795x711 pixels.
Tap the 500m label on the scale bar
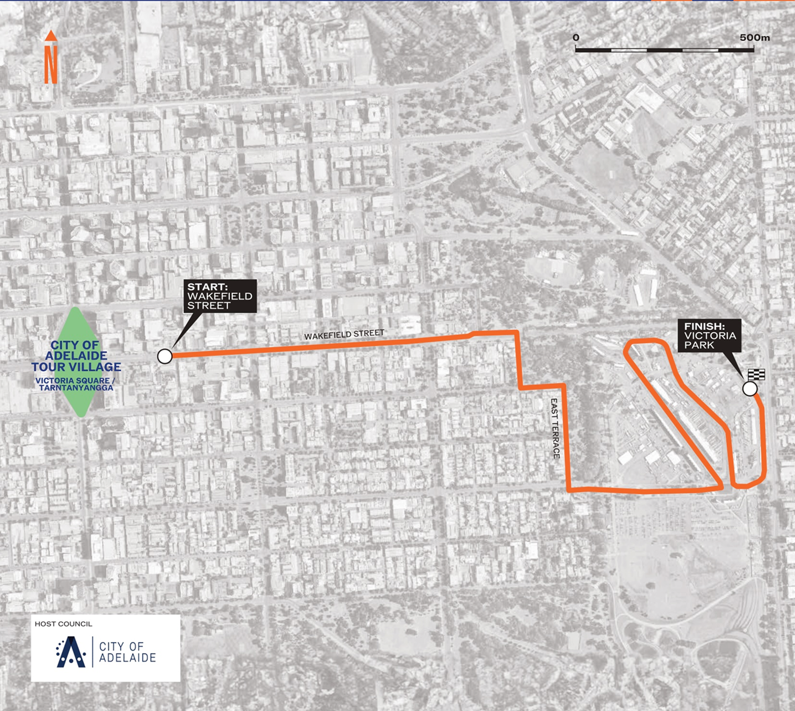pyautogui.click(x=754, y=37)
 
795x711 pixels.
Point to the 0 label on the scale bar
pyautogui.click(x=576, y=37)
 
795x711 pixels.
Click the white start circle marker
pyautogui.click(x=165, y=356)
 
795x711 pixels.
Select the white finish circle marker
pyautogui.click(x=750, y=388)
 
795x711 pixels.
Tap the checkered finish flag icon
pyautogui.click(x=756, y=374)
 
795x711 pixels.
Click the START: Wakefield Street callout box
pyautogui.click(x=220, y=296)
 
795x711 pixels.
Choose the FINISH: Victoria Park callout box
pyautogui.click(x=709, y=336)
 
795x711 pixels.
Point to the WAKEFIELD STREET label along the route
pyautogui.click(x=344, y=335)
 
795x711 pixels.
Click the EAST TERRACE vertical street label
pyautogui.click(x=556, y=428)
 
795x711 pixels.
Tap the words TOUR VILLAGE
pyautogui.click(x=76, y=367)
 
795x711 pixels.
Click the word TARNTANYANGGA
pyautogui.click(x=76, y=387)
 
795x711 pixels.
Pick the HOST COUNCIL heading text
pyautogui.click(x=63, y=624)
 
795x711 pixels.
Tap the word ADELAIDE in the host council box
pyautogui.click(x=127, y=658)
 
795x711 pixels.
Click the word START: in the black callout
pyautogui.click(x=208, y=287)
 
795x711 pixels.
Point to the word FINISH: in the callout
pyautogui.click(x=704, y=326)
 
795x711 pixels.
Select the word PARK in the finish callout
pyautogui.click(x=699, y=345)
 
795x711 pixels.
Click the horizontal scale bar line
pyautogui.click(x=665, y=50)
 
